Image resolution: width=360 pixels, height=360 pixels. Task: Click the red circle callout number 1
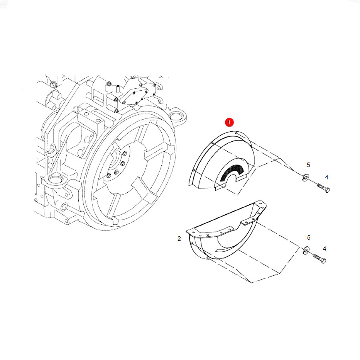pyautogui.click(x=229, y=122)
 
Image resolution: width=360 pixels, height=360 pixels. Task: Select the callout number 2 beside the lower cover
pyautogui.click(x=179, y=239)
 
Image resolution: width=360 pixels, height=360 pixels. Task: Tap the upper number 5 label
pyautogui.click(x=308, y=165)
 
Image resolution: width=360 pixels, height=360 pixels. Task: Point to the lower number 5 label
pyautogui.click(x=309, y=238)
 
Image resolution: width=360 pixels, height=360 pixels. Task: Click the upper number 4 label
pyautogui.click(x=326, y=177)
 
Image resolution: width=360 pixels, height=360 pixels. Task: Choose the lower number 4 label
pyautogui.click(x=324, y=249)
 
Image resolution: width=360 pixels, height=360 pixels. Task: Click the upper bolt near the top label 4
pyautogui.click(x=323, y=187)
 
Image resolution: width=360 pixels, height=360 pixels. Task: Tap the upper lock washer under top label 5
pyautogui.click(x=306, y=178)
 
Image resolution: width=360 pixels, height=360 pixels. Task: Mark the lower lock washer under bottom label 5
pyautogui.click(x=306, y=250)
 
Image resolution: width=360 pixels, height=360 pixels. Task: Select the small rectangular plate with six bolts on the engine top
pyautogui.click(x=136, y=95)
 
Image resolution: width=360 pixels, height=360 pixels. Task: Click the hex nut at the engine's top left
pyautogui.click(x=53, y=84)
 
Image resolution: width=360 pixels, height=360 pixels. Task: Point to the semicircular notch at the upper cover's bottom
pyautogui.click(x=232, y=179)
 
